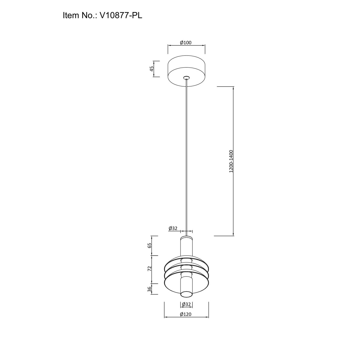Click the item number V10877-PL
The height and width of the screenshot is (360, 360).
tap(121, 15)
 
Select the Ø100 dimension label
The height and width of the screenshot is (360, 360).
tap(186, 43)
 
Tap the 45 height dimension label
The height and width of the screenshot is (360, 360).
tap(152, 69)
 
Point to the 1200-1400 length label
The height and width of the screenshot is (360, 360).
tap(231, 161)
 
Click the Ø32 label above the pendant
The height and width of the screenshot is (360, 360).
tap(173, 228)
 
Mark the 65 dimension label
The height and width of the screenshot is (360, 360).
tap(149, 246)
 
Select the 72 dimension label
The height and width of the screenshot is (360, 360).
tap(149, 268)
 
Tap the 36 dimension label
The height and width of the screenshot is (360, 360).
tap(149, 289)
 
